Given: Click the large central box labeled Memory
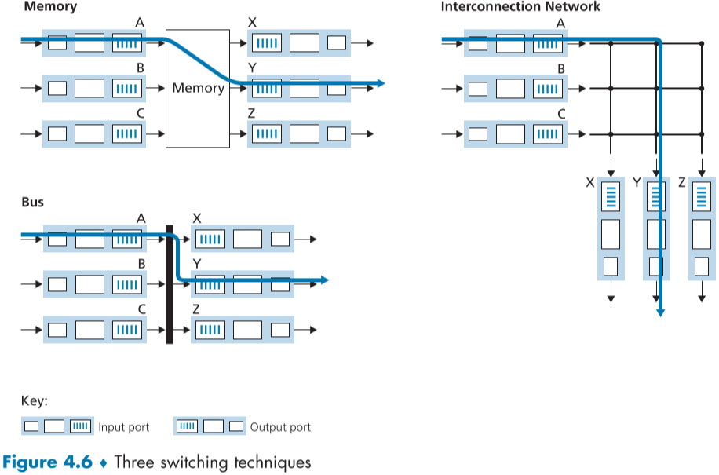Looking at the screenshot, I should [198, 88].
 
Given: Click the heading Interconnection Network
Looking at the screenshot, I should [520, 7].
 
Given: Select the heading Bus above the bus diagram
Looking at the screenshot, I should [32, 202].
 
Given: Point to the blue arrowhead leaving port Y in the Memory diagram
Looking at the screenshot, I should [380, 83].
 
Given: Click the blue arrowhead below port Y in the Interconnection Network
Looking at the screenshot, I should [660, 312].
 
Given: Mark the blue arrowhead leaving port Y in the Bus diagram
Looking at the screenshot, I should [323, 280].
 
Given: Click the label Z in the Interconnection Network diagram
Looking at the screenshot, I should [681, 182].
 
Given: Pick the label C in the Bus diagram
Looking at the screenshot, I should [141, 309].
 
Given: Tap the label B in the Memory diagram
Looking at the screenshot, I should [140, 68].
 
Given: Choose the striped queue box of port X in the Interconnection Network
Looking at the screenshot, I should [611, 195].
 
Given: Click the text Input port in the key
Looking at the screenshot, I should [123, 428].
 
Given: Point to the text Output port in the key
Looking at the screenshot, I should [280, 428].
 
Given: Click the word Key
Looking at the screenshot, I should [34, 401].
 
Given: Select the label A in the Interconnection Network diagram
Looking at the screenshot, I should [560, 24].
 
